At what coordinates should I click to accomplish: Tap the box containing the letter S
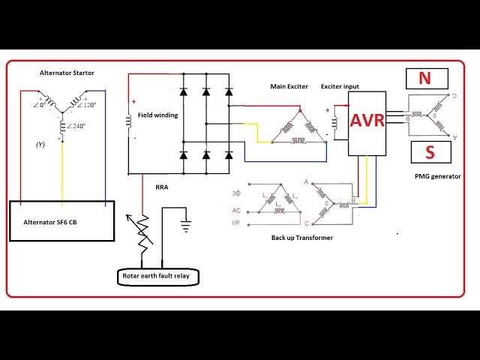coord(430,153)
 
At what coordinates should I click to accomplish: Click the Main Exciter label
coord(289,87)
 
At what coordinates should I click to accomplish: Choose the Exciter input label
coord(341,87)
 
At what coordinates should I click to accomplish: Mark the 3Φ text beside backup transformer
coord(236,194)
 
